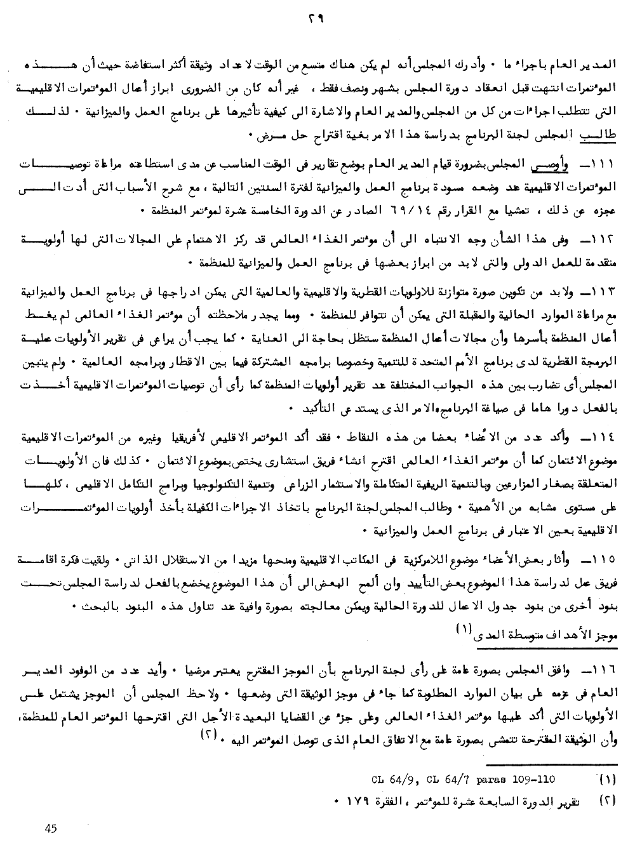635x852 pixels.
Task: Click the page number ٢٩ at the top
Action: [316, 20]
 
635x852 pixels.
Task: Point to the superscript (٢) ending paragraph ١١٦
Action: [227, 734]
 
